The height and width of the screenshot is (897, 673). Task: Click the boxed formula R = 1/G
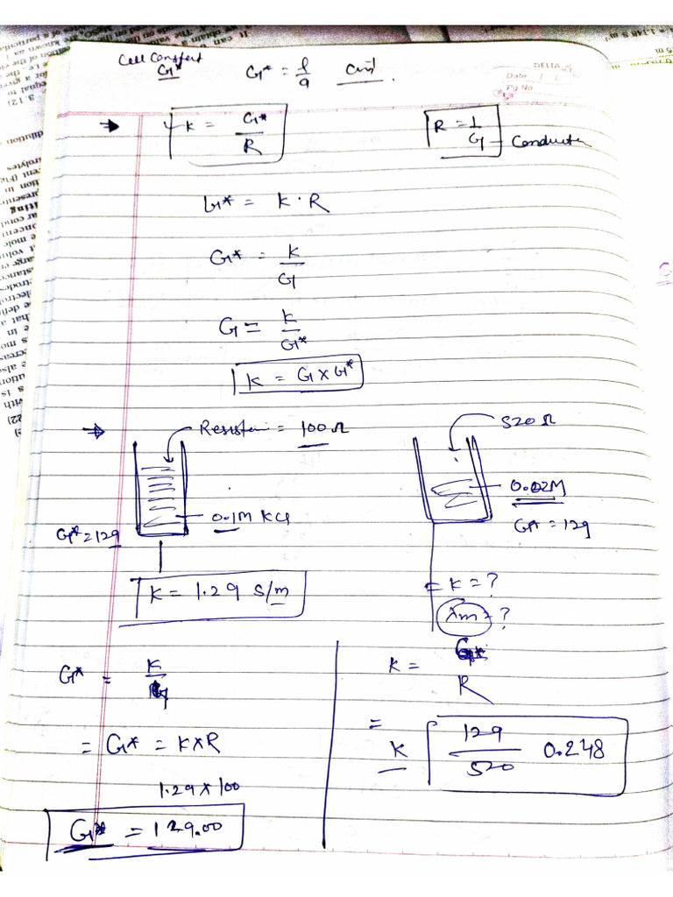point(463,132)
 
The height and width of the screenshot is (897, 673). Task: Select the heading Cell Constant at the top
point(160,60)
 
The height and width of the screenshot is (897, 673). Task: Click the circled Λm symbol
point(458,617)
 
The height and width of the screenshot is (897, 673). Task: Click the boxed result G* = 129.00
point(145,829)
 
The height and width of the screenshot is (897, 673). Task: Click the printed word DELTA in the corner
point(550,66)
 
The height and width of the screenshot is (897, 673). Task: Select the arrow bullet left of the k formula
point(112,125)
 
